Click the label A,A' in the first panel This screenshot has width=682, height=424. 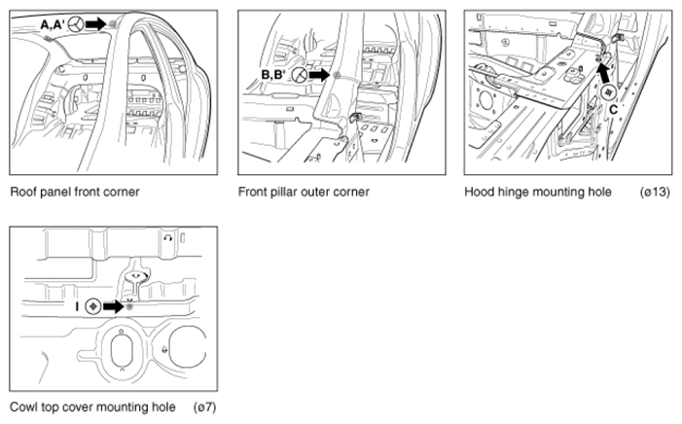pyautogui.click(x=52, y=24)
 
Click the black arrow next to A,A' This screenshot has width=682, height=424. pyautogui.click(x=95, y=24)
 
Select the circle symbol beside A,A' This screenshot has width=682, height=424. pyautogui.click(x=76, y=24)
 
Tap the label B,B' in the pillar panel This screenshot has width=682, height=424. pyautogui.click(x=273, y=75)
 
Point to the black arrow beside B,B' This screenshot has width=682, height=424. pyautogui.click(x=319, y=75)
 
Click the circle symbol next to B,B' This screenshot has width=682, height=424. pyautogui.click(x=300, y=75)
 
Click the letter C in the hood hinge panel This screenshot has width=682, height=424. pyautogui.click(x=613, y=110)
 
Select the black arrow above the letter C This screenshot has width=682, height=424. pyautogui.click(x=604, y=73)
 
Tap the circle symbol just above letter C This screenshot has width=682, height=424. pyautogui.click(x=608, y=92)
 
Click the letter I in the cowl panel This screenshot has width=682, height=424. pyautogui.click(x=77, y=306)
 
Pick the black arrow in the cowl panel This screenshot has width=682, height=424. pyautogui.click(x=114, y=307)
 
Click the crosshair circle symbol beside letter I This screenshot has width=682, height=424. pyautogui.click(x=93, y=306)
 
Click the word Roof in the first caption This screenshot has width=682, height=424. pyautogui.click(x=21, y=192)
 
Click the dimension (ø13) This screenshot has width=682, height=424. pyautogui.click(x=655, y=192)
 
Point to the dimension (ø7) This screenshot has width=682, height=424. pyautogui.click(x=205, y=407)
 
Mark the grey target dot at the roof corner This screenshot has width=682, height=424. pyautogui.click(x=113, y=24)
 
